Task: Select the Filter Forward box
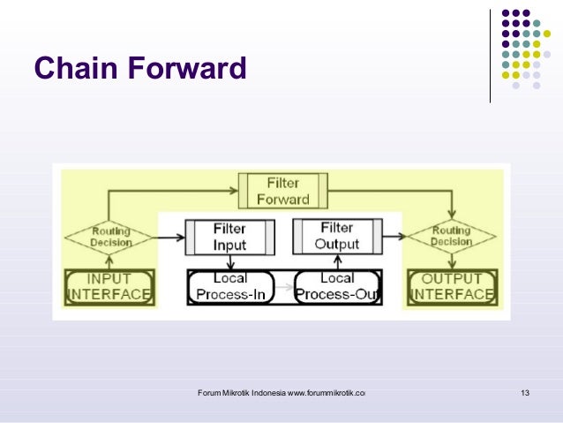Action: click(x=283, y=191)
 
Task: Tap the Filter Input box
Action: click(x=229, y=237)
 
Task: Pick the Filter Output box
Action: click(x=337, y=237)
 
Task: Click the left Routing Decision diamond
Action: click(x=111, y=238)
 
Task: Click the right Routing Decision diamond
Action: click(x=451, y=238)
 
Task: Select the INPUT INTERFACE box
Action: click(x=109, y=287)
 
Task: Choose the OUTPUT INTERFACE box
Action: click(x=451, y=287)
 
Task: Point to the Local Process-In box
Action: click(x=230, y=287)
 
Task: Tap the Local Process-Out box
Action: click(x=337, y=287)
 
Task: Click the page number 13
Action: click(x=525, y=392)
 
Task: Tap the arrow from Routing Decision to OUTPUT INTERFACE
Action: click(x=451, y=261)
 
